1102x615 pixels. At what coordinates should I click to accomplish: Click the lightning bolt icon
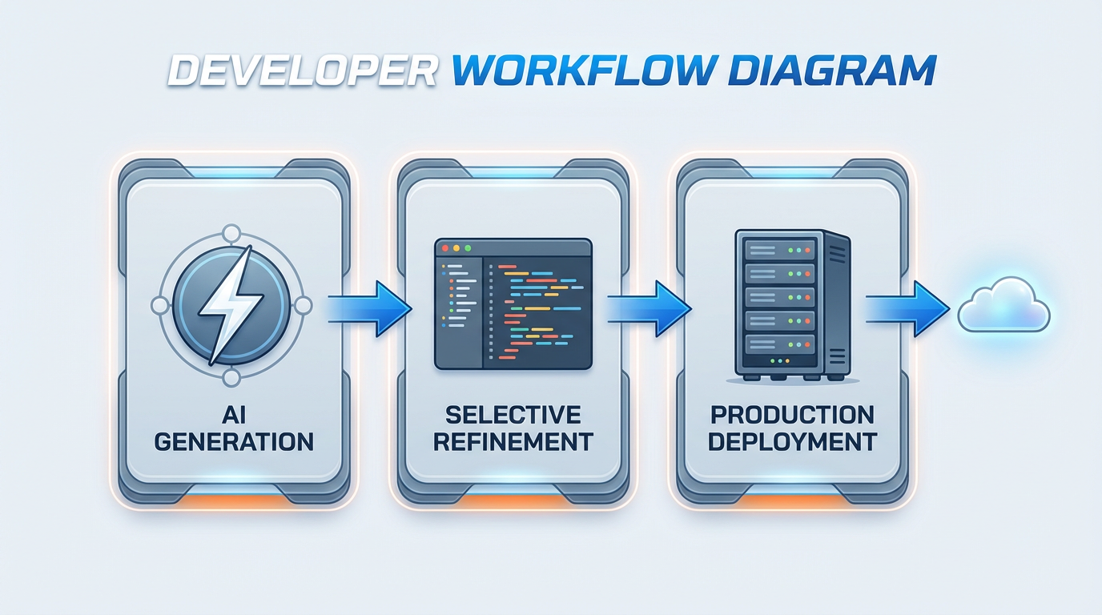coord(231,304)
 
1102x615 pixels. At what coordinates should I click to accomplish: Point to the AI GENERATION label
coord(234,428)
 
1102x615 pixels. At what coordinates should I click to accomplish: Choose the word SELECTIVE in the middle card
coord(513,415)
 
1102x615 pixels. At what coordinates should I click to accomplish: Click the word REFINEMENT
coord(513,441)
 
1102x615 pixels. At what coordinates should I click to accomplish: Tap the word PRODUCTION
coord(793,415)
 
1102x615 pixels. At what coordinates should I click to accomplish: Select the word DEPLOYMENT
coord(793,441)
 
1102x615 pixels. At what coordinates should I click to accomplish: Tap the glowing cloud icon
coord(1003,305)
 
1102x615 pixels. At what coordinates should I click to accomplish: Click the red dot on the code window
coord(444,249)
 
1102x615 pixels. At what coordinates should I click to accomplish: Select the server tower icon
coord(791,304)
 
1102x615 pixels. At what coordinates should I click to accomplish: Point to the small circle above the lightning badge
coord(231,234)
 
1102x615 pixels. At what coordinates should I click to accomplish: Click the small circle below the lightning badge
coord(231,377)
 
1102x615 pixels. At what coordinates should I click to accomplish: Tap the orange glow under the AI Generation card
coord(234,500)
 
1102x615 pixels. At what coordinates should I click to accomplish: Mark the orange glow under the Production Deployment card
coord(793,500)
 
